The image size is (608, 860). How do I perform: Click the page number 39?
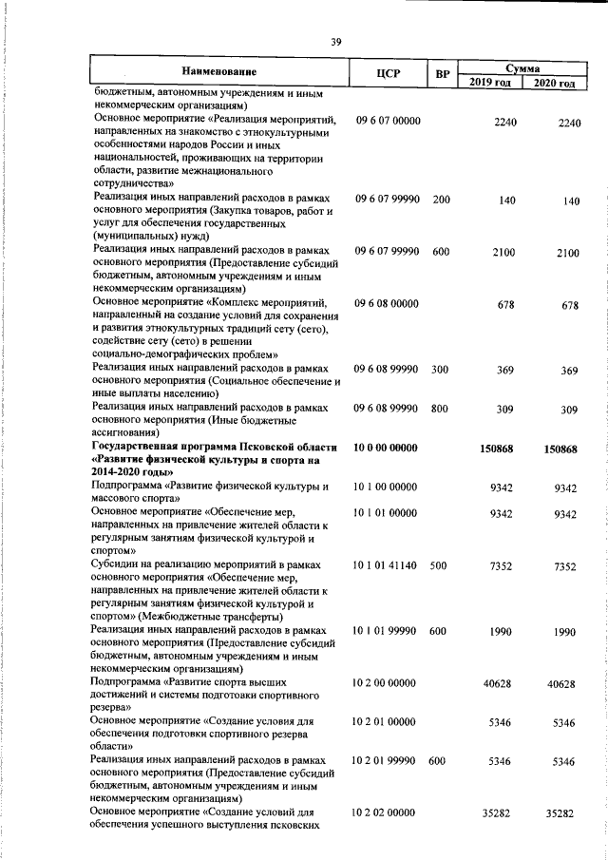tap(335, 41)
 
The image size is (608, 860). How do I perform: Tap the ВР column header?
tap(441, 72)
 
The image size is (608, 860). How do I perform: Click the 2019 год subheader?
tap(491, 84)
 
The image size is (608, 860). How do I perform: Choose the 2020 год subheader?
tap(555, 84)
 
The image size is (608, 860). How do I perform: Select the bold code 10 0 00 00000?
tap(386, 446)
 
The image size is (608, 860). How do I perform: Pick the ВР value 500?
tap(438, 565)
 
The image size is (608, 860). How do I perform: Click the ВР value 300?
tap(440, 369)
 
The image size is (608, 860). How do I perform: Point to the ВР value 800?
tap(440, 408)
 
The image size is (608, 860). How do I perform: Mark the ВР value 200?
tap(440, 200)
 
